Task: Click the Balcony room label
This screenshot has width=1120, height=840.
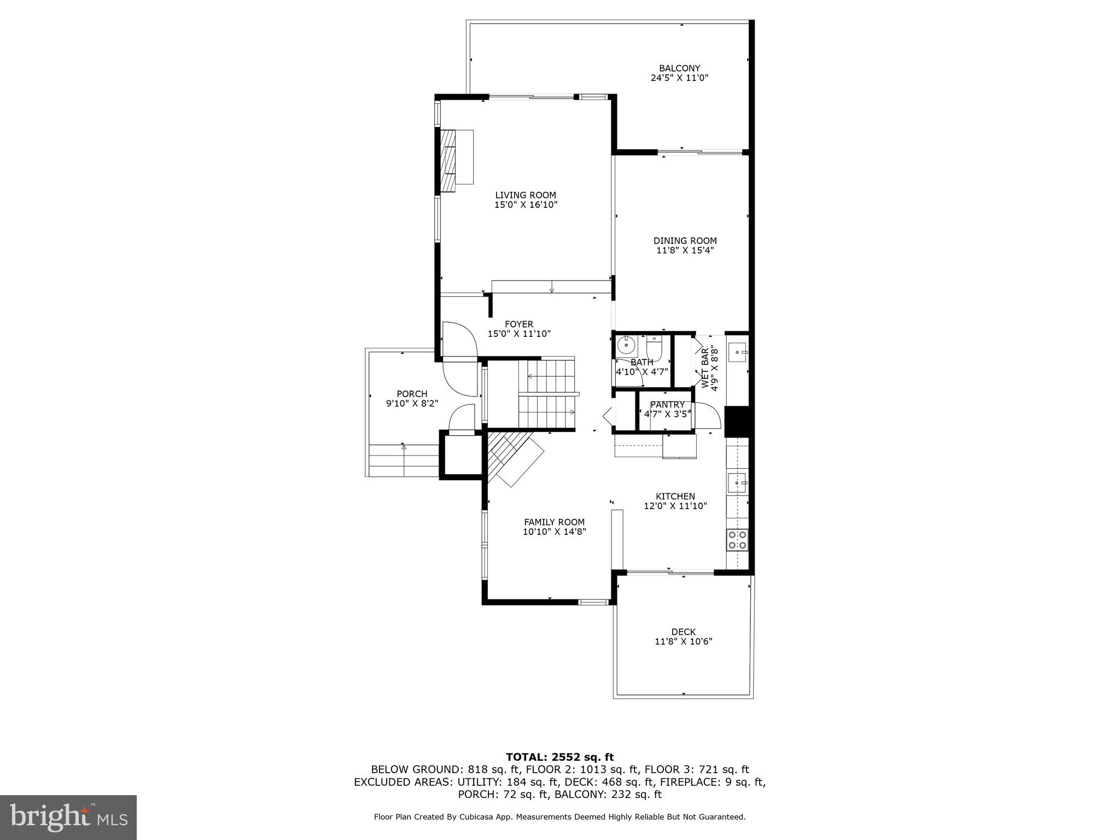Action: coord(679,68)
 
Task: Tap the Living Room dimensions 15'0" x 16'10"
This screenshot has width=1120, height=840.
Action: coord(526,205)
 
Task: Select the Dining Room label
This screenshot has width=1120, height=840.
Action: coord(685,241)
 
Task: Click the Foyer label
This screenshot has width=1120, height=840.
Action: coord(518,324)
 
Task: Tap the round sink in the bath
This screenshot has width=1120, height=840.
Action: coord(626,346)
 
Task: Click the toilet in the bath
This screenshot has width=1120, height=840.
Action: coord(654,346)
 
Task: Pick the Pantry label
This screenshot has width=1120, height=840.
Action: coord(667,405)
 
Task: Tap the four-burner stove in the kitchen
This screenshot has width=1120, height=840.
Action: coord(737,539)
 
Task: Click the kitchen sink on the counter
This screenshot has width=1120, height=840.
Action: coord(737,483)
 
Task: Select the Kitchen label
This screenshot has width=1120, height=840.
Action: coord(675,497)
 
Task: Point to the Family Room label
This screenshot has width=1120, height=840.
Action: coord(554,522)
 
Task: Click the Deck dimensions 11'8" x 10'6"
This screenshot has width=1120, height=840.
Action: coord(683,641)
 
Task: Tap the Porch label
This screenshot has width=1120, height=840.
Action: coord(412,394)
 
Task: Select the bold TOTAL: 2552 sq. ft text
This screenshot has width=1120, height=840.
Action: coord(559,757)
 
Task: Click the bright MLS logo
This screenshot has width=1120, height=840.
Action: coord(68,818)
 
